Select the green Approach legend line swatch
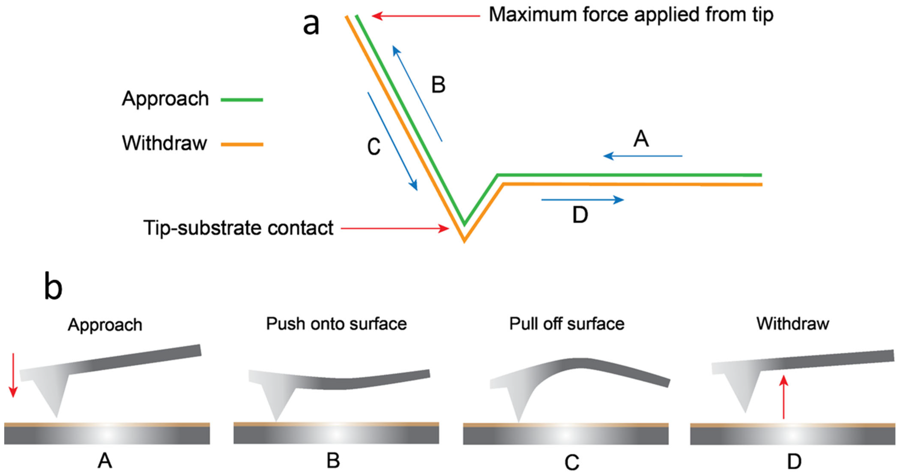[x=242, y=100]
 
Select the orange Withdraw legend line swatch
[x=242, y=144]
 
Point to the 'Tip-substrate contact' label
[x=238, y=228]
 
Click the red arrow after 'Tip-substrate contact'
[x=395, y=229]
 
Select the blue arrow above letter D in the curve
[x=582, y=200]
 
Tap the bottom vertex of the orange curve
[x=464, y=240]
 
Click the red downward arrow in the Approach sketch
[x=13, y=375]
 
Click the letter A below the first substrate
[x=105, y=461]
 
